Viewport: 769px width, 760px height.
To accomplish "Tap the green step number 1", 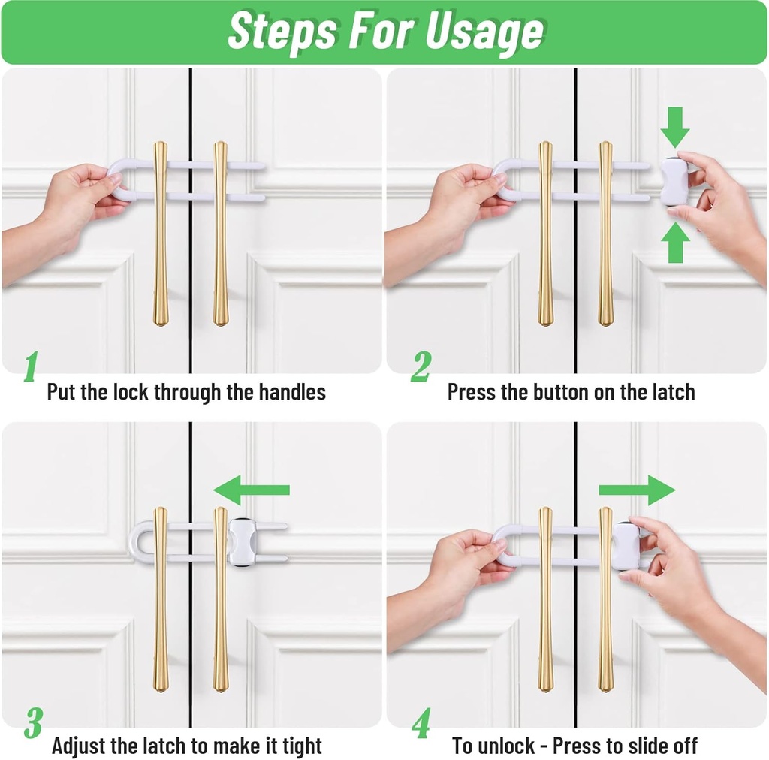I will point(30,367).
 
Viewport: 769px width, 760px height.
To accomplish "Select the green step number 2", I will point(421,367).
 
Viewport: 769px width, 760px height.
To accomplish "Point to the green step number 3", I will point(32,722).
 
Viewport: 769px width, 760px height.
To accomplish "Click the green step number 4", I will point(421,722).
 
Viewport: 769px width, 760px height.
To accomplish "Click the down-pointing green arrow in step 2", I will point(675,127).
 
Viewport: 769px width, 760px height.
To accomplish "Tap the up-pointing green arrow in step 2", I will point(675,243).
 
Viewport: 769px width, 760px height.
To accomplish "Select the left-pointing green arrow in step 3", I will point(251,490).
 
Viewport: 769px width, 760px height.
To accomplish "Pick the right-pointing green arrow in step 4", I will point(637,490).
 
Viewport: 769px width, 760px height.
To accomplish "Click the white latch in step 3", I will point(243,542).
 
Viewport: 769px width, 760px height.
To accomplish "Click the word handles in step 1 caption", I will point(292,392).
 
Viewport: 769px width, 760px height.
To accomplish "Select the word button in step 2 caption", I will point(562,392).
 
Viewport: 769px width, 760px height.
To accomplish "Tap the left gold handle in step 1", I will point(161,233).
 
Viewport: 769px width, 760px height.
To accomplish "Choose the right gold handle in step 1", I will point(220,233).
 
